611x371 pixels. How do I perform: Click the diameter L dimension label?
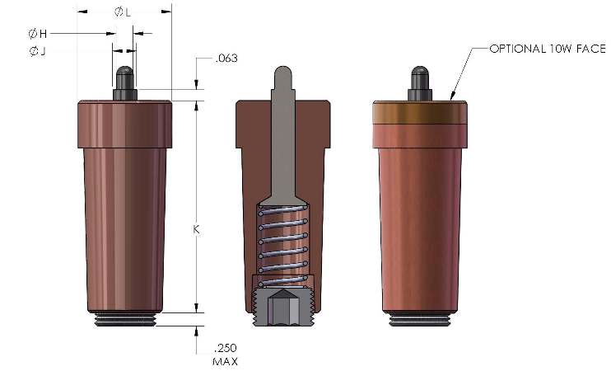coord(123,12)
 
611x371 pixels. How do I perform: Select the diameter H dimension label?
coord(38,34)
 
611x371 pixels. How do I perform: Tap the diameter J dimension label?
coord(37,51)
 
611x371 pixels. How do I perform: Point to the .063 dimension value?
coord(226,59)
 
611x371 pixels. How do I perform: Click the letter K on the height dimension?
coord(196,229)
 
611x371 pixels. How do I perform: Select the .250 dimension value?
coord(226,348)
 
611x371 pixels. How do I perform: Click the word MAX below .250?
coord(226,362)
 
